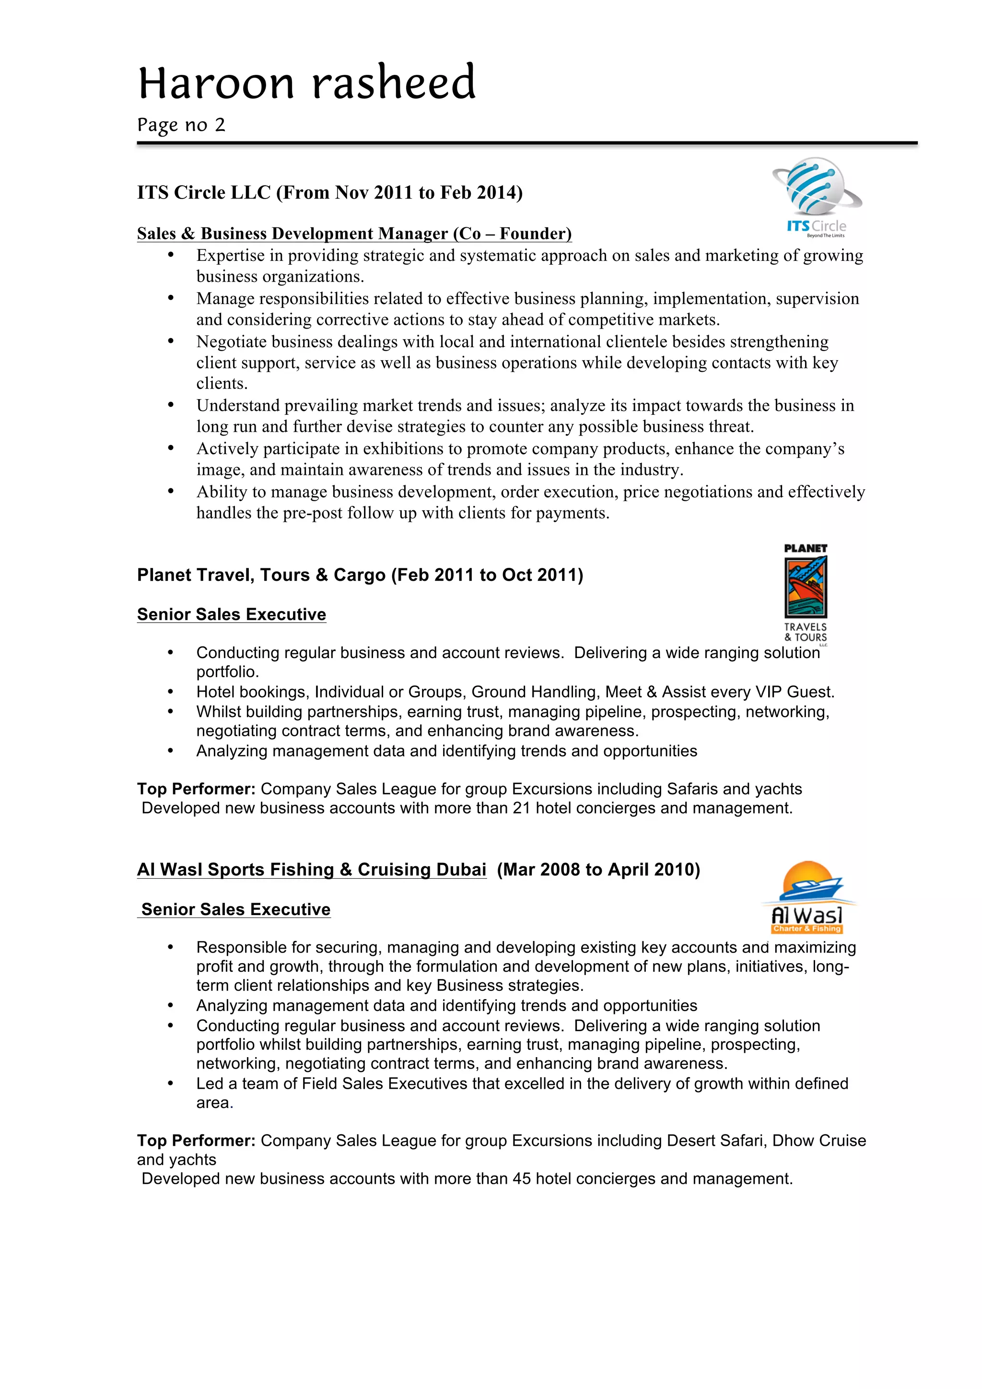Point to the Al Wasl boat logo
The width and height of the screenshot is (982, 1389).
(808, 897)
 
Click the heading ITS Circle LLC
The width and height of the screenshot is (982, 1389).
(204, 192)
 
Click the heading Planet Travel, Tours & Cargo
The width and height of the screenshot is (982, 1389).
(261, 575)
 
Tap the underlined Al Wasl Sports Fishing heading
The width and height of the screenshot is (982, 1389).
(311, 870)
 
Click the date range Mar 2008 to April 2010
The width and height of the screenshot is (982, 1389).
(598, 870)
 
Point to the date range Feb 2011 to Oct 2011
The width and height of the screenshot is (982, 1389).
(487, 575)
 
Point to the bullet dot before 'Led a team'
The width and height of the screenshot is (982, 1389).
(171, 1083)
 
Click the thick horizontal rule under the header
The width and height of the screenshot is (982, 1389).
(526, 143)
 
